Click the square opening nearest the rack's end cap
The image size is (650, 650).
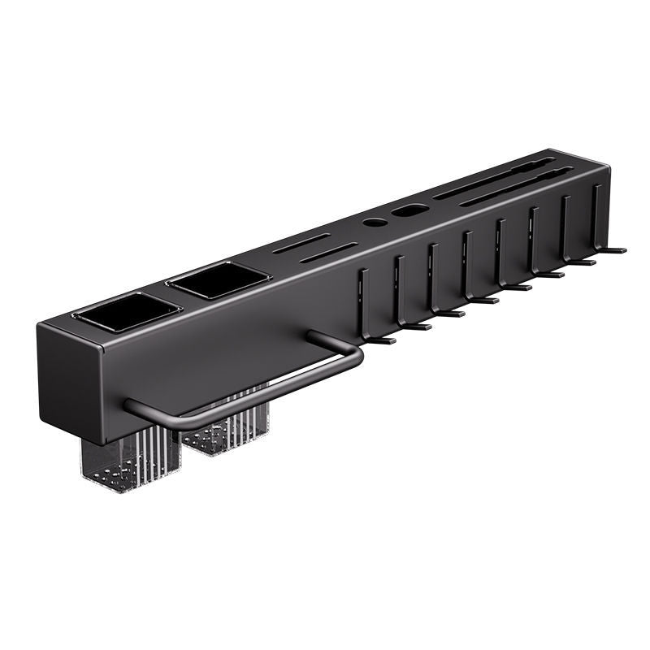coord(130,312)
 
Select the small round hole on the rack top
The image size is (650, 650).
coord(375,221)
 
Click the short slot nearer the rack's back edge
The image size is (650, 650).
coord(301,244)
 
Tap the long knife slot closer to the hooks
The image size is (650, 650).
coord(520,187)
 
